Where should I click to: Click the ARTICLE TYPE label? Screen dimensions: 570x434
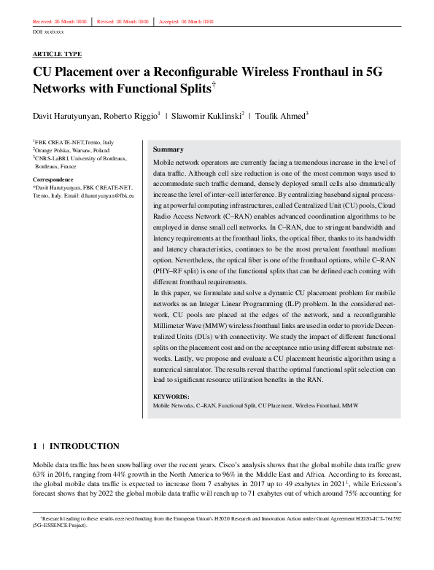click(x=57, y=54)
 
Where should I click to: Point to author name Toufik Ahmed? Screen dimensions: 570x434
click(x=280, y=116)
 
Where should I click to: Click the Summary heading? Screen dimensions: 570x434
click(x=168, y=149)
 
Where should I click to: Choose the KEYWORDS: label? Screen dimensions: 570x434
click(x=172, y=397)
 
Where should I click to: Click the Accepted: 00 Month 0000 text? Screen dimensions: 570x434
click(x=188, y=22)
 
